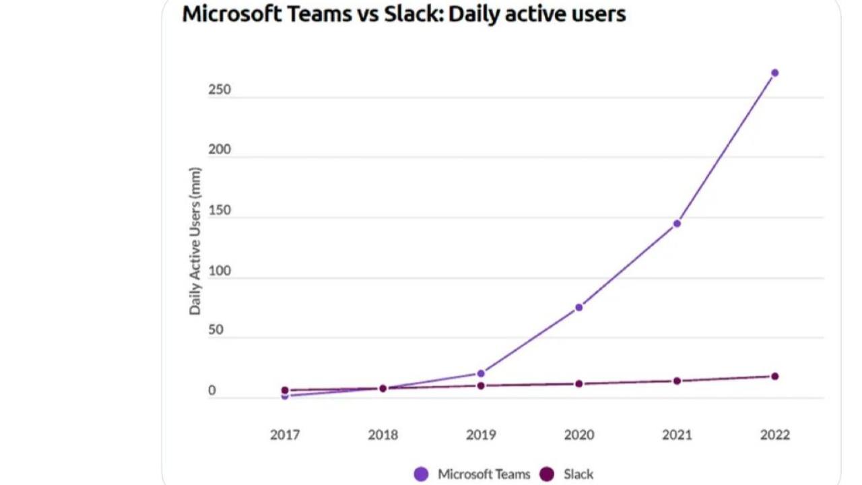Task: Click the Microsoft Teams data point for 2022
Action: coord(774,73)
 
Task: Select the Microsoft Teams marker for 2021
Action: coord(677,224)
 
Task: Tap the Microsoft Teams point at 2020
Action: coord(578,307)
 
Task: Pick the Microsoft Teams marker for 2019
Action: coord(481,373)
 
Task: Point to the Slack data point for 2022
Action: coord(774,377)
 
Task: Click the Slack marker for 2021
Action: coord(677,381)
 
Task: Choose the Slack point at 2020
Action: coord(578,384)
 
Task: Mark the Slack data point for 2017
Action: coord(285,390)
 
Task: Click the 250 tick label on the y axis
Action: coord(220,90)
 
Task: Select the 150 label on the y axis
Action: coord(220,210)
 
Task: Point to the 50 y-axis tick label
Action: coord(215,331)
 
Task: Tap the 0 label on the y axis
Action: coord(212,391)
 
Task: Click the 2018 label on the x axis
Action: coord(383,435)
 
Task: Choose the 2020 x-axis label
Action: coord(578,435)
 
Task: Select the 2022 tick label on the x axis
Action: coord(774,435)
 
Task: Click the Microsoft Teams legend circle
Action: coord(422,474)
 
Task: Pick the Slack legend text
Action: coord(578,474)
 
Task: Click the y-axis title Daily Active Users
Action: coord(195,241)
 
